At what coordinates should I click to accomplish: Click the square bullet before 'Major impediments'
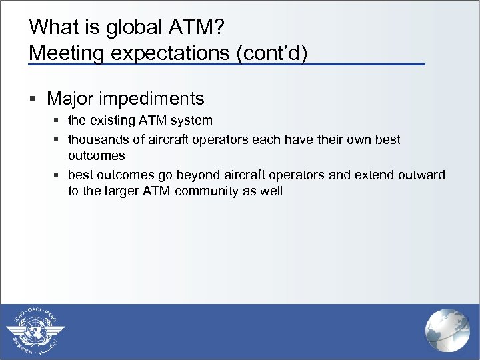click(33, 99)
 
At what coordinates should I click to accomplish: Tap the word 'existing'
click(110, 121)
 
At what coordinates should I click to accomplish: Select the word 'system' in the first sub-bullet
click(193, 121)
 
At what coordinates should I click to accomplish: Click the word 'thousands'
click(94, 140)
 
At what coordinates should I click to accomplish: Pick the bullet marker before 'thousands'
click(57, 140)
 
